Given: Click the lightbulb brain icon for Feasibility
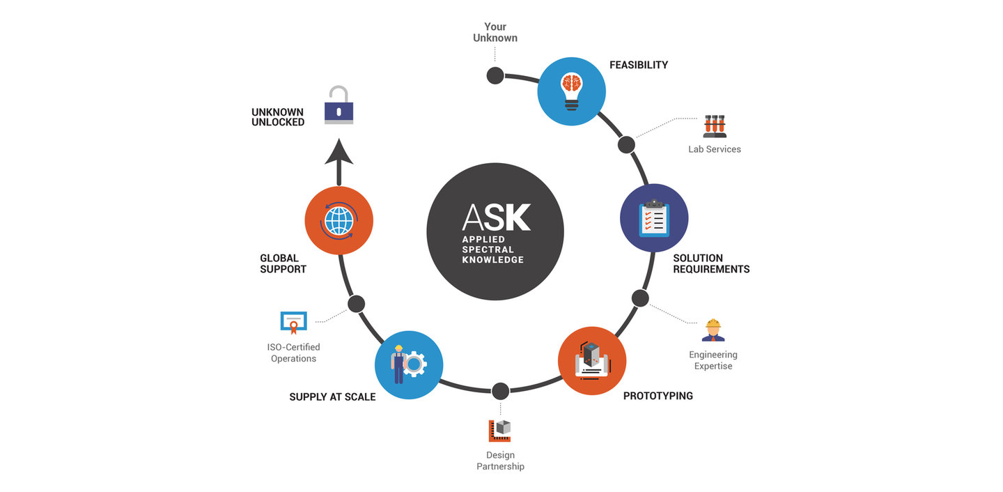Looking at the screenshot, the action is pos(571,91).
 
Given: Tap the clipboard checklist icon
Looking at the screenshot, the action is pos(654,218).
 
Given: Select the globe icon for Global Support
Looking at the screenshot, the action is pos(339,221).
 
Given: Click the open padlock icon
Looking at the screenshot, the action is pos(339,105).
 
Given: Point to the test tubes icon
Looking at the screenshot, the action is pos(715,126).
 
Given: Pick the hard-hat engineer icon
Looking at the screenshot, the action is pos(713,330).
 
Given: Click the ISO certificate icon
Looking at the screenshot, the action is pos(294,323).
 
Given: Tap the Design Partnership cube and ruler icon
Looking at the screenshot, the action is pos(499,431).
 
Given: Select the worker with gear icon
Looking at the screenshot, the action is pos(409,364).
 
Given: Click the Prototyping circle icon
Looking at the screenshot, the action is pos(592,361).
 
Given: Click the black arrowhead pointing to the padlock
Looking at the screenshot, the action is pos(339,151).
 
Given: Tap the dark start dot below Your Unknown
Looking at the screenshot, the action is pos(495,76).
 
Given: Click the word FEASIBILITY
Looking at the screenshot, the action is pos(639,65).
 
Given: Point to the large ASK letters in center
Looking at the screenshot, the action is pos(496,217).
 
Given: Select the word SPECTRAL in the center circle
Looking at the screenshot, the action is pos(488,249).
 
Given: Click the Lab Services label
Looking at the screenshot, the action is pos(715,149).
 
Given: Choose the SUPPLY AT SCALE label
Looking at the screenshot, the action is pos(332,397).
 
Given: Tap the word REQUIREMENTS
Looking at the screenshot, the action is pos(712,269).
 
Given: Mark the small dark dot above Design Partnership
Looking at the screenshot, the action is pos(501,391).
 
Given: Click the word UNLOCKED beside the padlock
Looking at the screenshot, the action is pos(278,123).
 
